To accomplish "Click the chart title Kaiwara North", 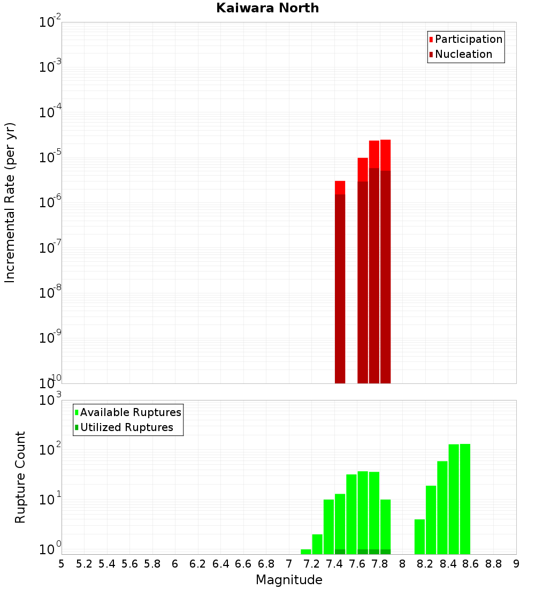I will [267, 8].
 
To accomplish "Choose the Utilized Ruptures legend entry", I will [126, 427].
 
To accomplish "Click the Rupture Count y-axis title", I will [20, 477].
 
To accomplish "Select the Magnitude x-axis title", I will [289, 580].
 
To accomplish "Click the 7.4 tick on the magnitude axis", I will [334, 564].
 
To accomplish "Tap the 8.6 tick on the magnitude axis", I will [471, 564].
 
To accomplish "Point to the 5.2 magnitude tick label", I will [84, 564].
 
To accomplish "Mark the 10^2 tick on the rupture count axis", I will [51, 450].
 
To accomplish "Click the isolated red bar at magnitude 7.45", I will [340, 284].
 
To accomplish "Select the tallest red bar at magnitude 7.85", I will [386, 262].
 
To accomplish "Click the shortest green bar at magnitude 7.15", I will [306, 552].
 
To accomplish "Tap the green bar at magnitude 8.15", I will [419, 537].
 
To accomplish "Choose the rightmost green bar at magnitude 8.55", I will [465, 498].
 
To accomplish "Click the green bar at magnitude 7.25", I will [317, 544].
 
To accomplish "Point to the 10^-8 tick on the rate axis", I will [51, 293].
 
